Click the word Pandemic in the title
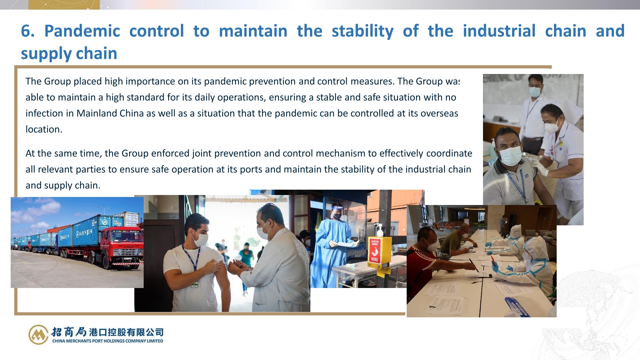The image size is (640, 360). click(82, 31)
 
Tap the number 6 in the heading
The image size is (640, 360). click(26, 31)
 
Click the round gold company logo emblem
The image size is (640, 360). click(38, 335)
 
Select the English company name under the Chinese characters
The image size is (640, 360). click(108, 341)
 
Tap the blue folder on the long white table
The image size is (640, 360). click(517, 307)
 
